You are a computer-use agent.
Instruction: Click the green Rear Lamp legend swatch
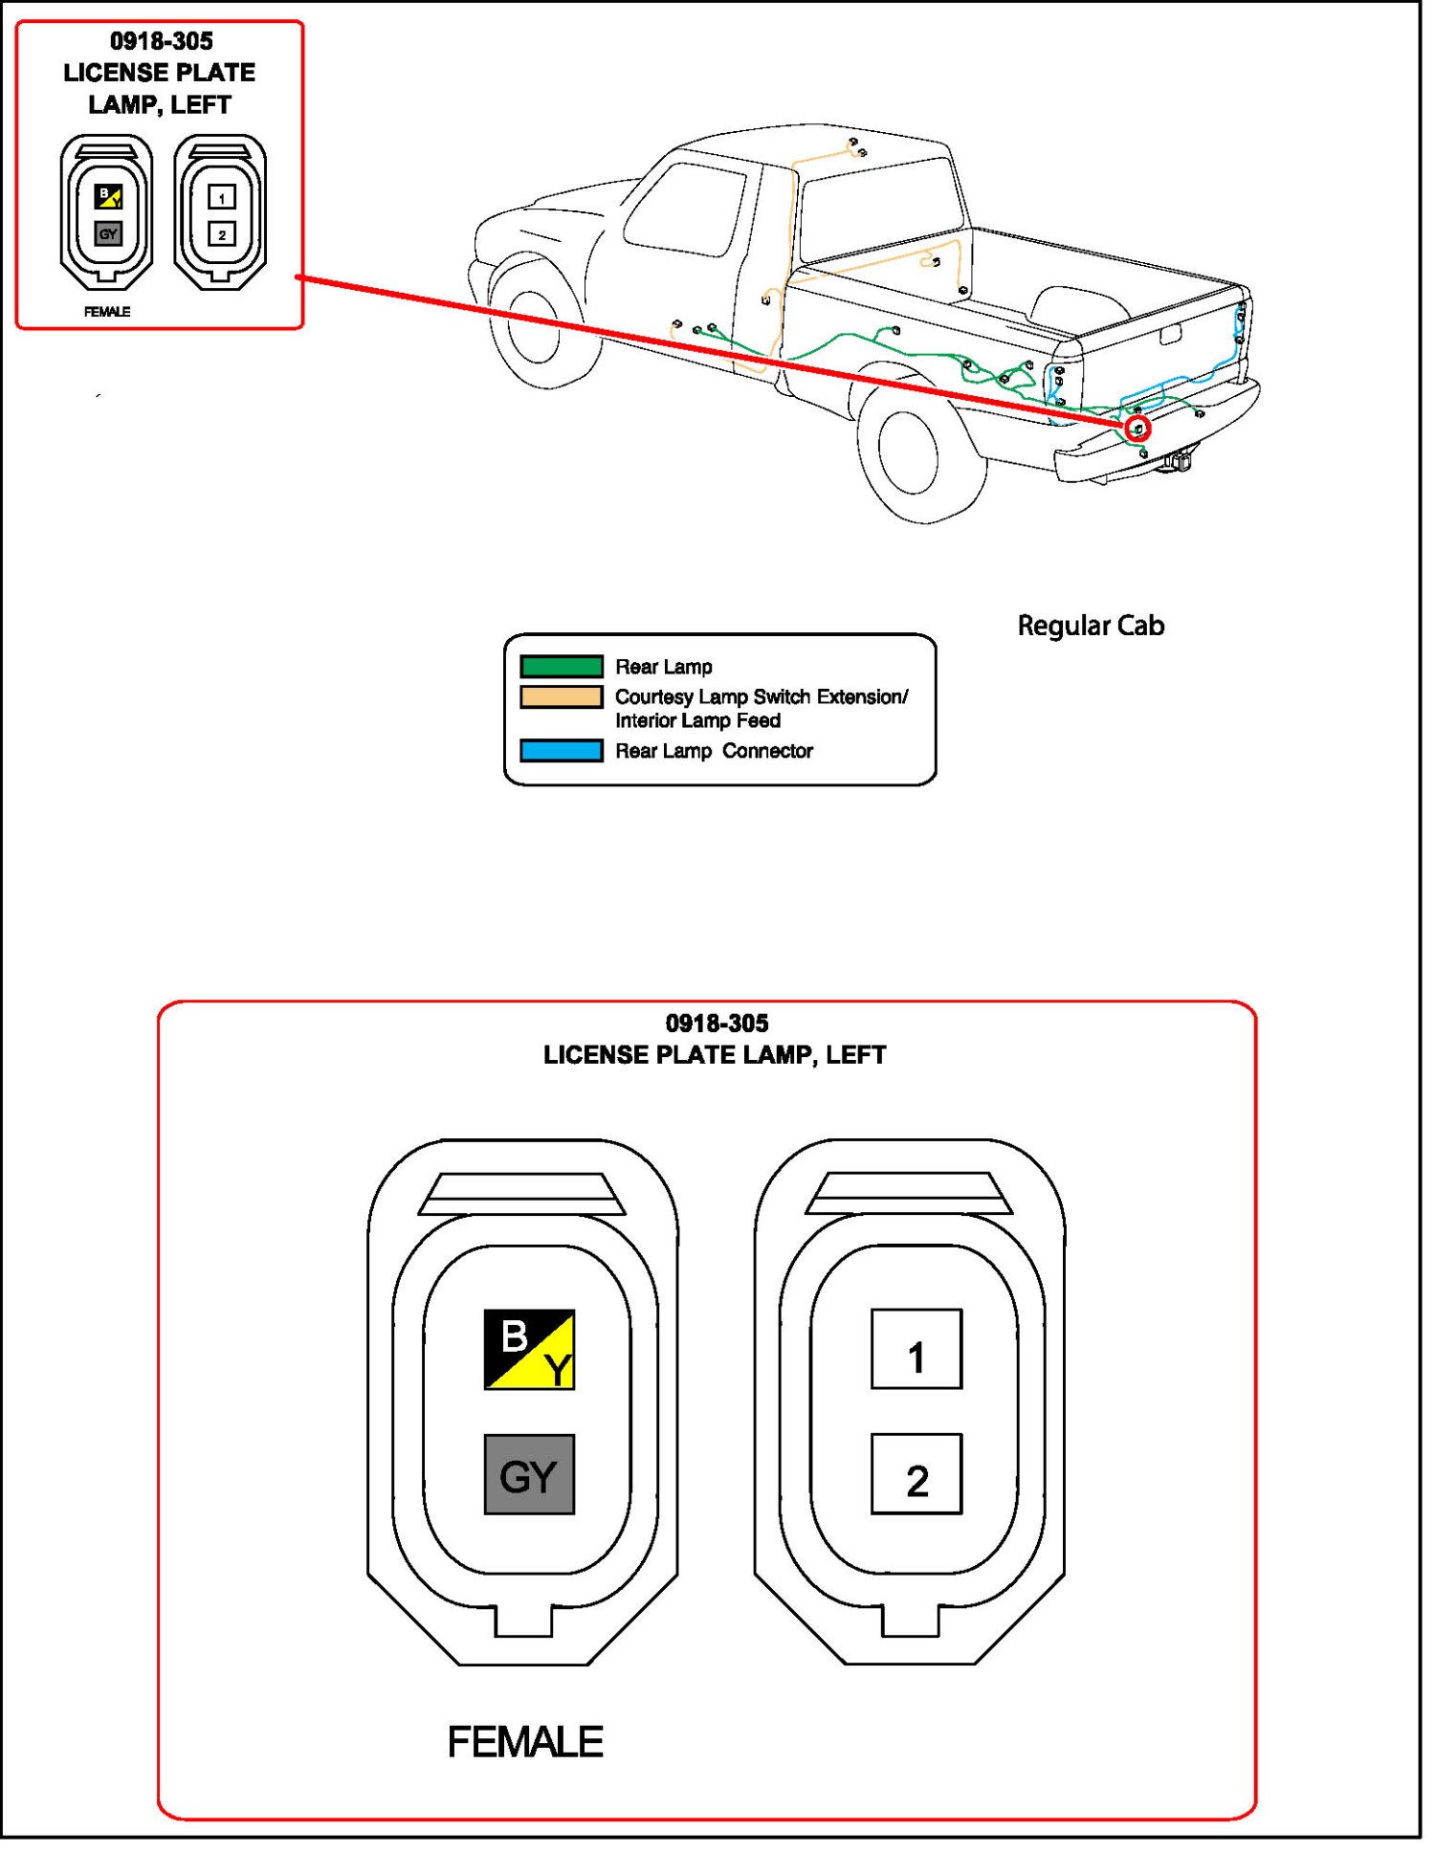562,666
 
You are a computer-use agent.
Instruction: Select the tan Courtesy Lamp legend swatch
562,696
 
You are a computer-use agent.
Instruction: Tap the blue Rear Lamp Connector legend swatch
562,750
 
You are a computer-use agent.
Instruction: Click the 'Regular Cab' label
1091,626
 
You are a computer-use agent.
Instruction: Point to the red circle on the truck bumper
1137,429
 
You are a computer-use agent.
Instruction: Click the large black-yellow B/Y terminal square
529,1349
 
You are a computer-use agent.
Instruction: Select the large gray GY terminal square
529,1474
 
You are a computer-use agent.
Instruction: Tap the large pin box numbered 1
916,1349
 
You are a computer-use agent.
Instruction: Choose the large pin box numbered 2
916,1474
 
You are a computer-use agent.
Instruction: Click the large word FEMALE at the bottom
525,1742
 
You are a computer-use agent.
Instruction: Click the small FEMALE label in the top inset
107,312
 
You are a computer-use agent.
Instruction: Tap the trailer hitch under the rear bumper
1179,461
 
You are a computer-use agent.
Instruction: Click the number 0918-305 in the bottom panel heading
717,1024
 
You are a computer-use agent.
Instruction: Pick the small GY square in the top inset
108,233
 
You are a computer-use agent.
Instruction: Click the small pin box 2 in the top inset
222,234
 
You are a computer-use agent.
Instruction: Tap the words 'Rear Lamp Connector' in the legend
714,751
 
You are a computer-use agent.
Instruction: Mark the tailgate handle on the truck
1170,335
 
